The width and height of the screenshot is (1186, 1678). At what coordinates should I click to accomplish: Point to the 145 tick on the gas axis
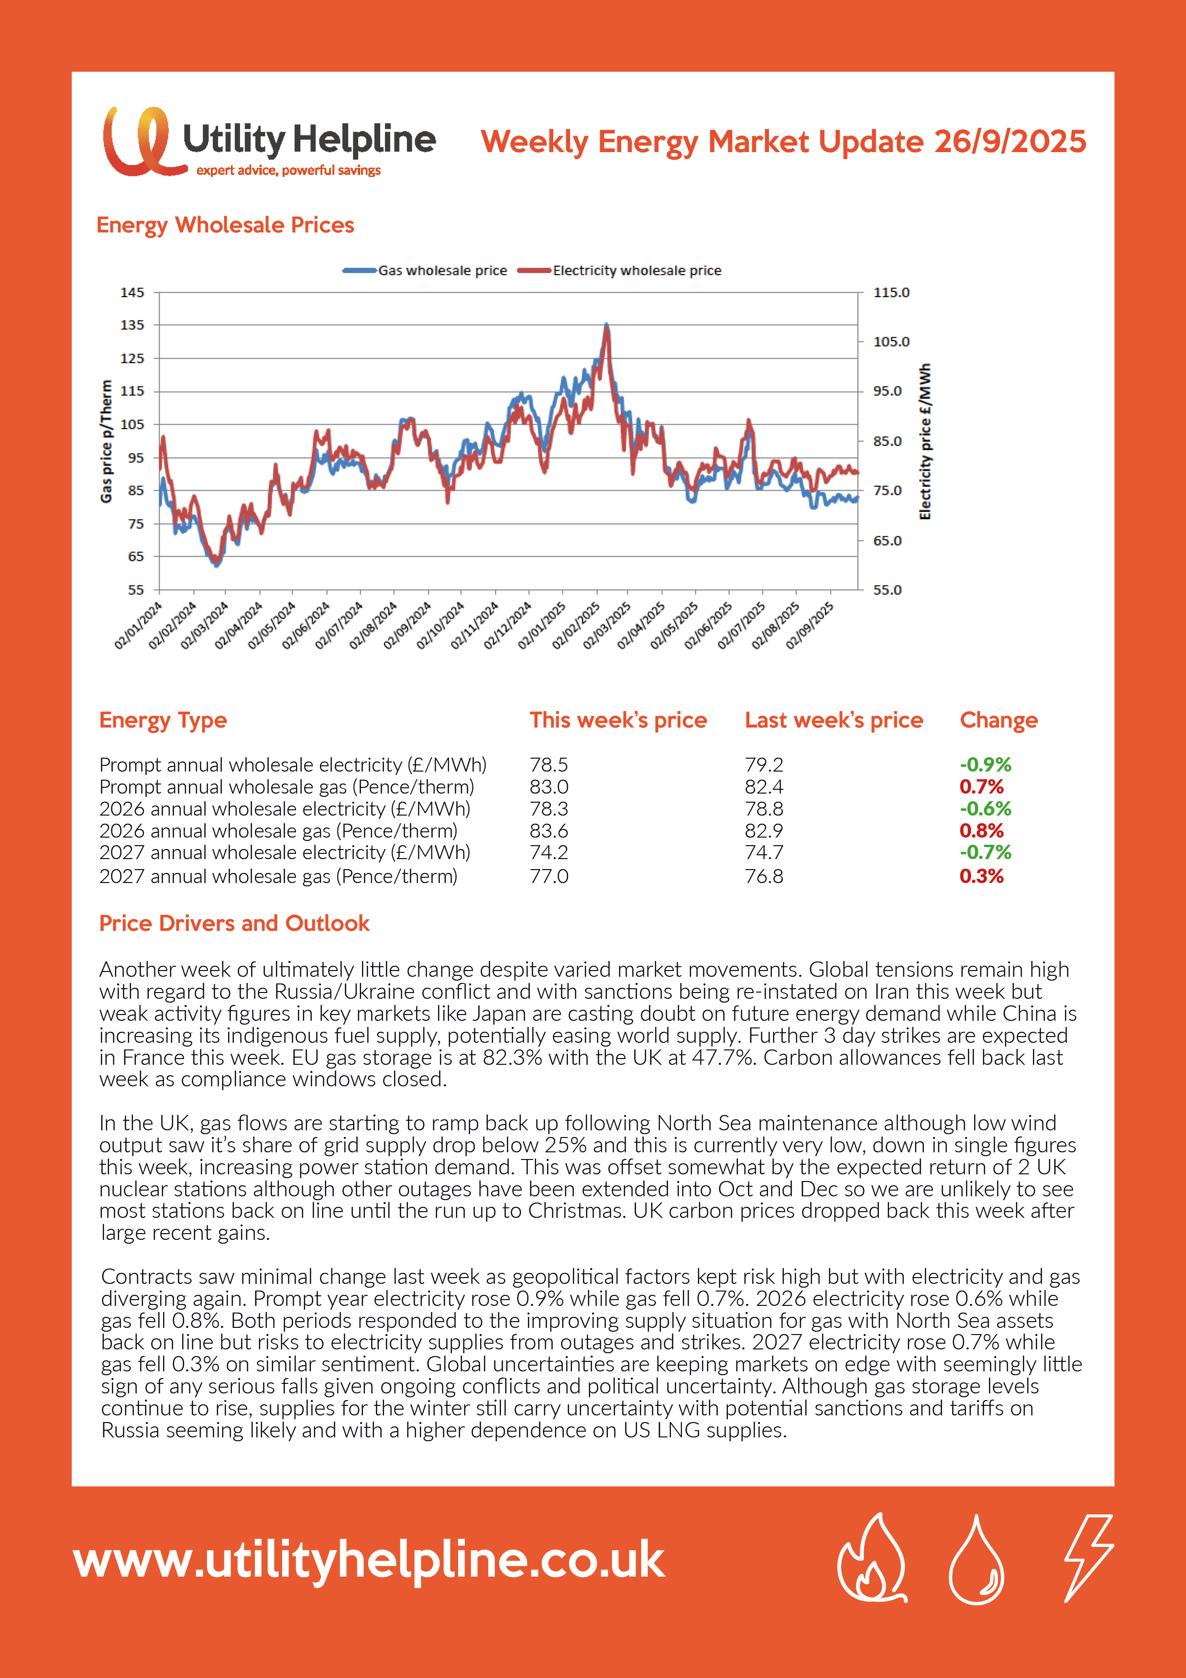pos(132,292)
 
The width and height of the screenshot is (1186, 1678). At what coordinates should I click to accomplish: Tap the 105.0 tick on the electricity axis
pos(891,342)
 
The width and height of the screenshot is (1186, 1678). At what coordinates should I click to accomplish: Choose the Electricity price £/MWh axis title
pos(925,442)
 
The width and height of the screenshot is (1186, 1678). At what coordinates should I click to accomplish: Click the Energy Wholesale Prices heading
pos(225,225)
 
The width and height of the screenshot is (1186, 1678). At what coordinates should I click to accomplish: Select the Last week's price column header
pos(833,720)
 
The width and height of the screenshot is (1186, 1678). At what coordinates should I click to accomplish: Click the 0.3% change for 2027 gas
pos(981,876)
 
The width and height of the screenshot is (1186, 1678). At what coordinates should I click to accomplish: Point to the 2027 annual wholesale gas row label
pos(278,876)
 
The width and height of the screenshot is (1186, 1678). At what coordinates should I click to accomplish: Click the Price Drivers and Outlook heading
pos(234,924)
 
